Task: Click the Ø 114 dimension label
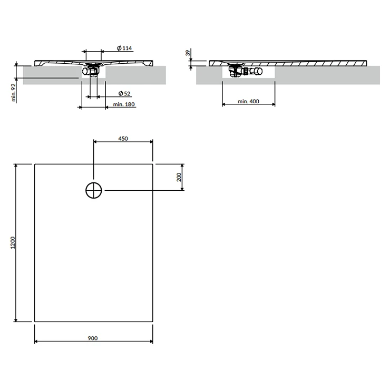click(124, 48)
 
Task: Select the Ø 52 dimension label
click(124, 93)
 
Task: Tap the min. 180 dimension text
click(124, 104)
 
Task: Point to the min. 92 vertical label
click(13, 92)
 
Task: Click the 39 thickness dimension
click(188, 53)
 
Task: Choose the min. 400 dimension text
click(248, 101)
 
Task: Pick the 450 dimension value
click(123, 139)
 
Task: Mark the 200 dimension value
click(179, 177)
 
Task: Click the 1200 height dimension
click(13, 242)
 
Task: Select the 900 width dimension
click(93, 338)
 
